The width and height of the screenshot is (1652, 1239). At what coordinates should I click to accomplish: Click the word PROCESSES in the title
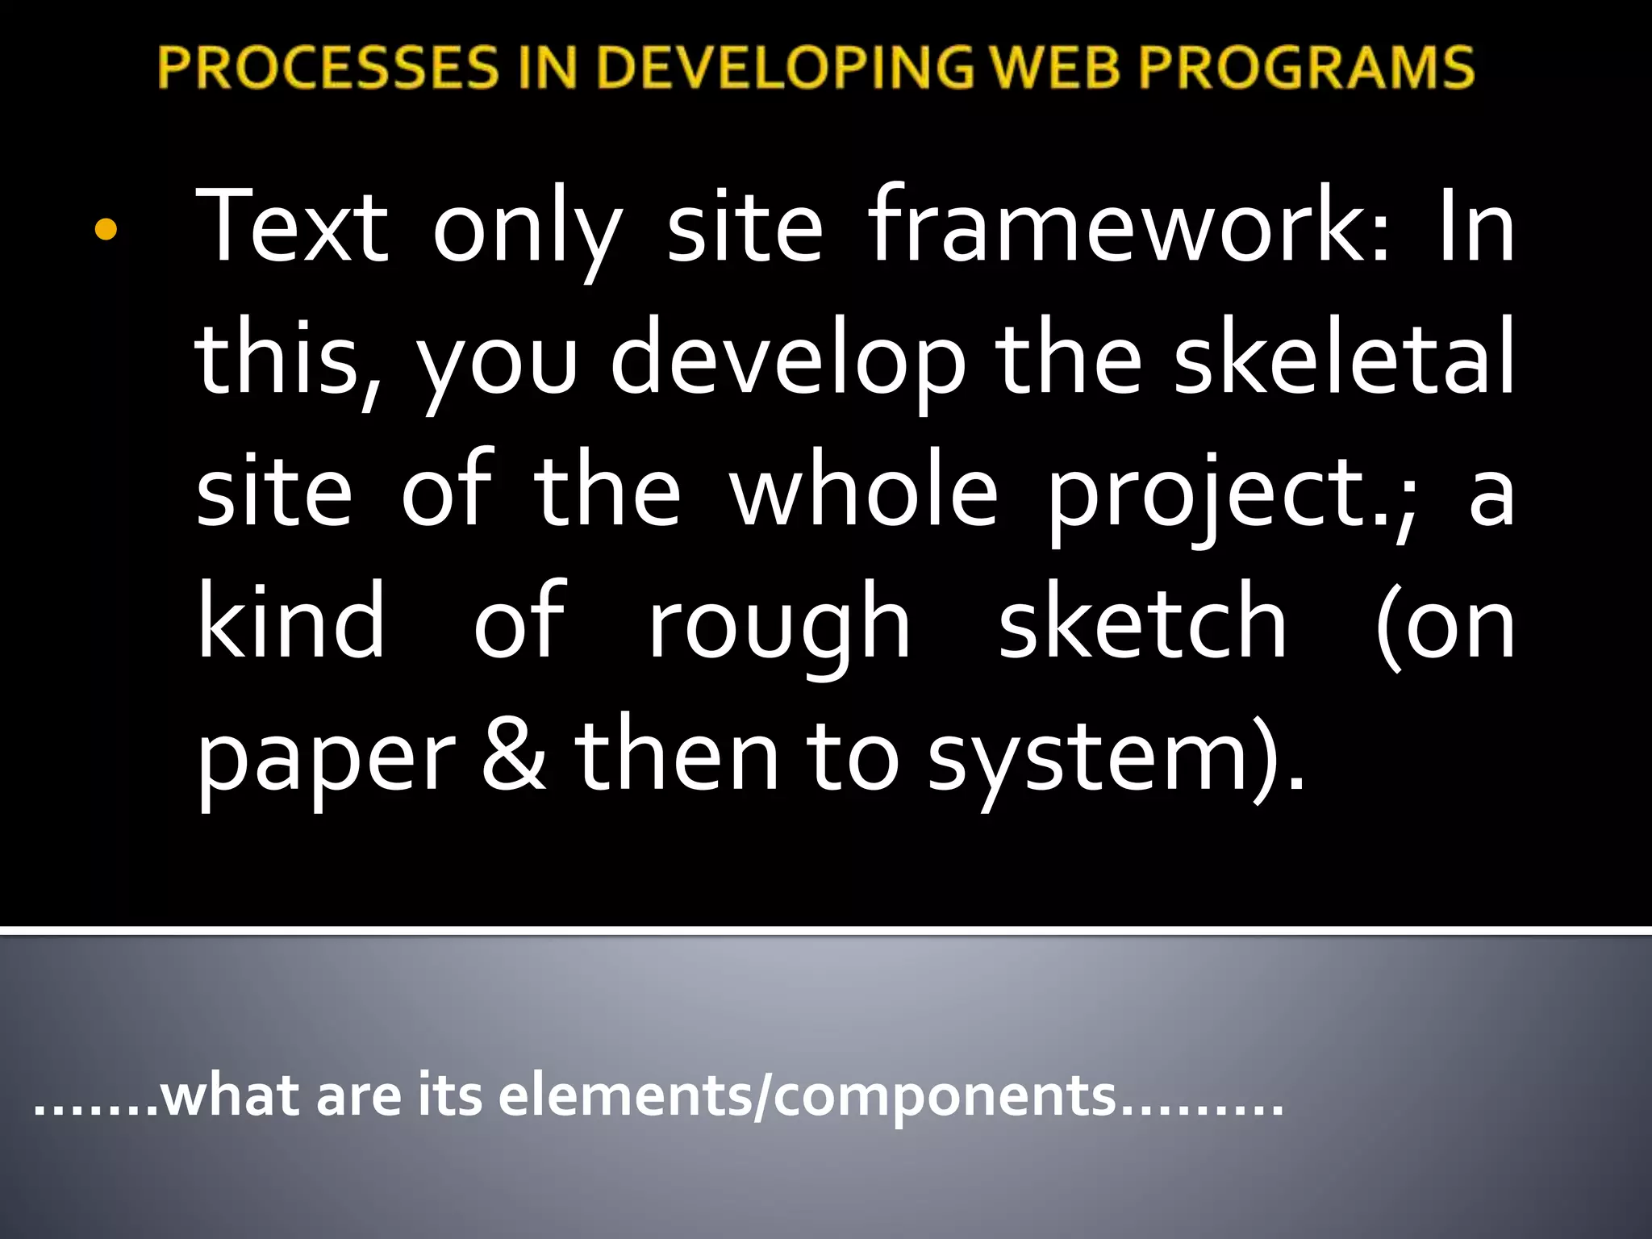click(328, 67)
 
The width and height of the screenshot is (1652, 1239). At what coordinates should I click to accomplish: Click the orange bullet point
click(106, 232)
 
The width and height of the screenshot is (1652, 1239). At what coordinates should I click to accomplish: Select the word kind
click(291, 621)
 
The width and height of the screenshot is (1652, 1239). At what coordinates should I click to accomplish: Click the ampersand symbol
click(514, 755)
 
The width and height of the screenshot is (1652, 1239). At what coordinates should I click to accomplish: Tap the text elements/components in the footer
click(807, 1097)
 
